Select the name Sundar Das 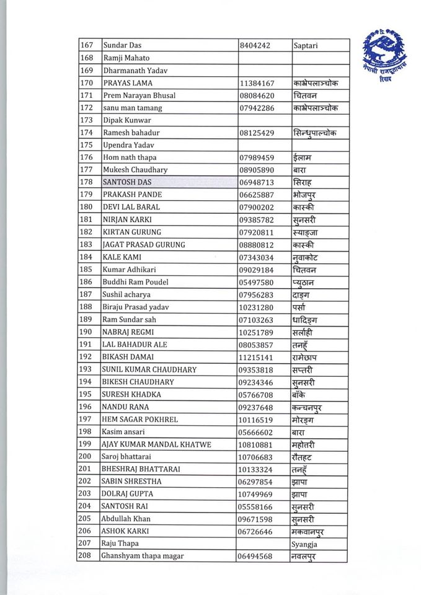coord(122,45)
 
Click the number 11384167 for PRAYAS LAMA coord(256,83)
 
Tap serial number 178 coord(86,182)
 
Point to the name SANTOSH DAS coord(127,182)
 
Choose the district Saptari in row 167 coord(309,45)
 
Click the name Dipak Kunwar coord(125,120)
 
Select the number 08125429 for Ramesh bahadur coord(256,133)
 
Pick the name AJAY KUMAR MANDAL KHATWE coord(156,444)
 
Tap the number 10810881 coord(256,444)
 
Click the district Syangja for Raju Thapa coord(308,544)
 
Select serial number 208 coord(86,556)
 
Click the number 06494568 coord(256,556)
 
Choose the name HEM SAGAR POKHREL coord(140,419)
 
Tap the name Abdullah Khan coord(126,519)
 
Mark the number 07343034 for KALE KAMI coord(256,257)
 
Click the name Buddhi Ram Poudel coord(131,282)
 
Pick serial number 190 coord(86,332)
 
